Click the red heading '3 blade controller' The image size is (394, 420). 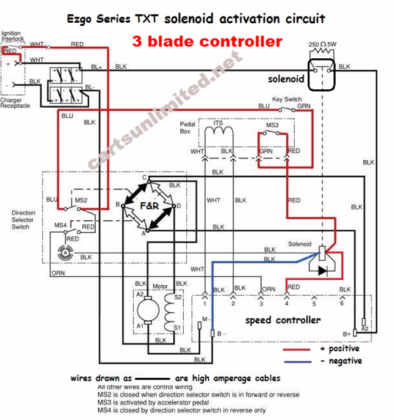click(x=207, y=42)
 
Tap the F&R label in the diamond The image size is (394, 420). click(x=150, y=206)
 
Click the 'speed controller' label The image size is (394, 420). click(x=282, y=320)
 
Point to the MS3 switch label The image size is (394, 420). click(x=272, y=125)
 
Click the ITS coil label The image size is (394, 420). click(x=218, y=123)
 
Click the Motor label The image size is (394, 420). click(x=160, y=286)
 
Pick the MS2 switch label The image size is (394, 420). click(x=81, y=200)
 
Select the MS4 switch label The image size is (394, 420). click(x=59, y=225)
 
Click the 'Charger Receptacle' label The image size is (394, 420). click(x=15, y=103)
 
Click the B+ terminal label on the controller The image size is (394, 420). click(x=347, y=333)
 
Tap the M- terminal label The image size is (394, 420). click(x=206, y=319)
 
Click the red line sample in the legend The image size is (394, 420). click(x=298, y=349)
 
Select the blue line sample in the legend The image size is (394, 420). click(x=298, y=361)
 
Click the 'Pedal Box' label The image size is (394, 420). click(x=186, y=127)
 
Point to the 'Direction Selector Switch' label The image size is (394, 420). click(x=24, y=220)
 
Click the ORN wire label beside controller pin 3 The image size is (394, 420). click(x=268, y=288)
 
